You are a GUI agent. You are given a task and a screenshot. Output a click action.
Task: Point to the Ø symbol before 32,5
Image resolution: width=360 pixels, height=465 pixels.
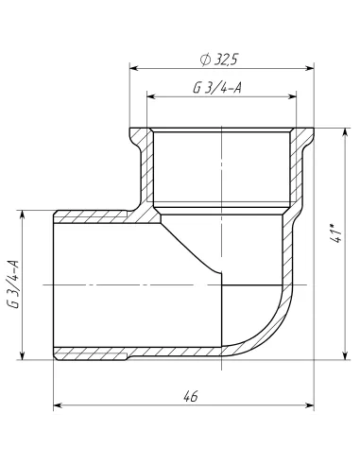205,60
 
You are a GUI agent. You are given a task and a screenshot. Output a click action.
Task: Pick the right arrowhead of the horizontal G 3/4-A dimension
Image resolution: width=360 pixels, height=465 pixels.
294,96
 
